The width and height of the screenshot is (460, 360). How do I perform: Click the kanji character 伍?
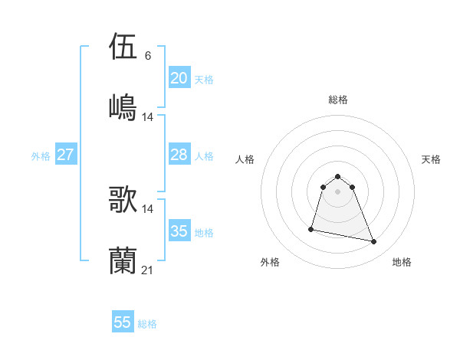point(123,47)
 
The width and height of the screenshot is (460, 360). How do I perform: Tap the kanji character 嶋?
point(123,106)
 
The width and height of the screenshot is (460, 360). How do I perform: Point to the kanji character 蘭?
point(123,260)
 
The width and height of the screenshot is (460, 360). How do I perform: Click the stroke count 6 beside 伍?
point(148,56)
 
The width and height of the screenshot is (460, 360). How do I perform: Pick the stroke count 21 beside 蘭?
point(148,269)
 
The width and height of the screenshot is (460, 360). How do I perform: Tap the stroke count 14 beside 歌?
point(148,209)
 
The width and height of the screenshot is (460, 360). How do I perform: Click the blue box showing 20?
point(179,77)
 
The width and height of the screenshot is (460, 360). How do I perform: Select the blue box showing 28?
point(179,155)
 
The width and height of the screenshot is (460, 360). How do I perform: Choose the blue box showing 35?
point(179,231)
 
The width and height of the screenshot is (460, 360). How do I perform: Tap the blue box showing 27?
point(65,155)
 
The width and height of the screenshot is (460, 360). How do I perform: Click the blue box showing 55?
point(123,322)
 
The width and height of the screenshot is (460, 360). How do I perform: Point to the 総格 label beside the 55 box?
point(147,324)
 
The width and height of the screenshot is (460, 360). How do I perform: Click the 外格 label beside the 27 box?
point(41,156)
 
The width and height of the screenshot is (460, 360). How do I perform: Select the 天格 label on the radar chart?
point(432,159)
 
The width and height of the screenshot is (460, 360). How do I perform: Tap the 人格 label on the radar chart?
point(245,159)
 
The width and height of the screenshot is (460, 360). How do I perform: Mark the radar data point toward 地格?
point(374,242)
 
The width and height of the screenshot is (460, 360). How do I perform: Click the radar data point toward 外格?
point(311,228)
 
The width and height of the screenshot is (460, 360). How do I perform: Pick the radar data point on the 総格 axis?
point(338,174)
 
